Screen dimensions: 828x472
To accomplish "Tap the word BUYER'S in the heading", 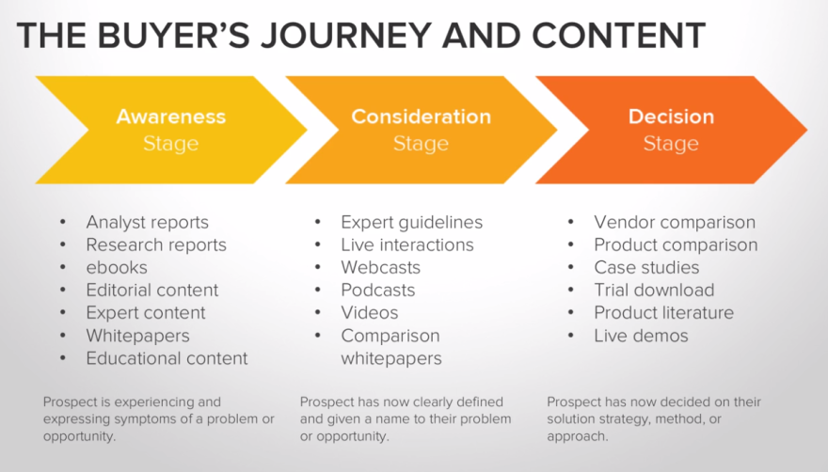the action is coord(173,36).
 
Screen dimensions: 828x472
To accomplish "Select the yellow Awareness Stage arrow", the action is coord(171,130).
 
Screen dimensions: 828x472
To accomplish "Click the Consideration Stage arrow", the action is coord(421,130).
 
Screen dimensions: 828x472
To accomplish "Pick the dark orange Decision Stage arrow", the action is coord(671,130).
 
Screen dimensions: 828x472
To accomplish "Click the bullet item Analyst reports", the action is coord(148,222).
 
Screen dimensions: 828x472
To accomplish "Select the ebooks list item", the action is coord(117,268).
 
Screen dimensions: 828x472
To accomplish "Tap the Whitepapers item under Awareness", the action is coord(137,336).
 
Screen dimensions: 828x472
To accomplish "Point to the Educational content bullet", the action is coord(167,358).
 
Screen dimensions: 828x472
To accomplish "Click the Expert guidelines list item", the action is coord(412,222).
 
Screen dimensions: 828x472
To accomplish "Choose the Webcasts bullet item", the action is coord(381,268).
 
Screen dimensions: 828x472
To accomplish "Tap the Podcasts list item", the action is coord(378,291).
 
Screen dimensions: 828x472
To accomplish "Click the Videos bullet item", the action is coord(370,313).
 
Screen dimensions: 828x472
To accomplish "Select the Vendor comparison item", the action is coord(675,222).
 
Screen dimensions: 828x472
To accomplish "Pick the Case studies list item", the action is coord(647,268).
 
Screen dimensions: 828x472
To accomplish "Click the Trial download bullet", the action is coord(654,291).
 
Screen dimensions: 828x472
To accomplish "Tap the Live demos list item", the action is coord(641,336).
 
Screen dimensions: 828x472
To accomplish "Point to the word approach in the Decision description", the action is coord(577,437).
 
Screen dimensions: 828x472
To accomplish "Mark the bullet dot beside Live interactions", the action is coord(318,245).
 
